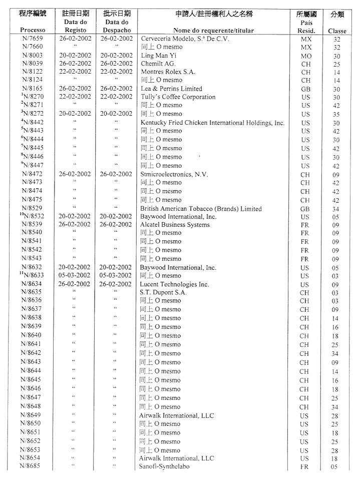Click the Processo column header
point(33,31)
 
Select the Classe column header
point(337,31)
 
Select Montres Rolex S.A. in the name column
point(168,72)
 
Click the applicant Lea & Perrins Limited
point(171,89)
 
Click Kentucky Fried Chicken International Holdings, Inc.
point(212,123)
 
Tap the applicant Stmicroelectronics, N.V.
point(174,174)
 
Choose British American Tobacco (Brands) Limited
point(201,209)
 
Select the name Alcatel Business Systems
point(175,225)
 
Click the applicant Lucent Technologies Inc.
point(174,284)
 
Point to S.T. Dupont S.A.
point(163,293)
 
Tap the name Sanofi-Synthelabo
point(164,467)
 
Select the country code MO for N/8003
point(305,56)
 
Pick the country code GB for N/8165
point(305,89)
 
